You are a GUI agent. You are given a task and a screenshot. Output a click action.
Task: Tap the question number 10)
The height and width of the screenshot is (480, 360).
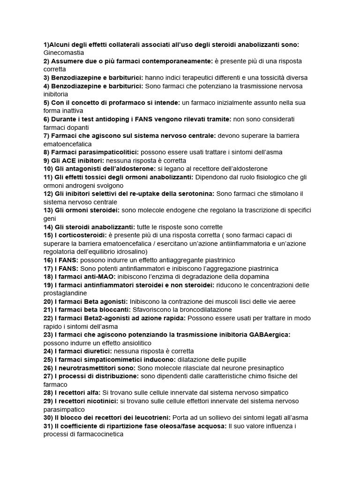[49, 169]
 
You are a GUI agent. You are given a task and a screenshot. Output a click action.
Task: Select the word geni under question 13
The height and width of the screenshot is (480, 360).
[50, 218]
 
